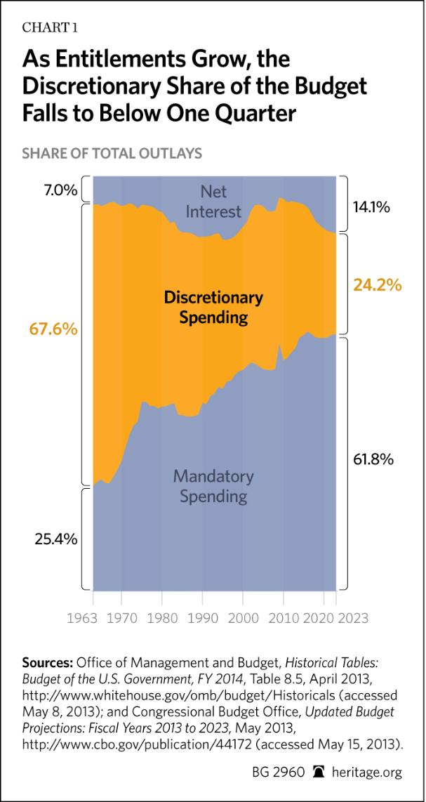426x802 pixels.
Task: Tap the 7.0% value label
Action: point(51,190)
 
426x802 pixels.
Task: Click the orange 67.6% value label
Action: point(53,329)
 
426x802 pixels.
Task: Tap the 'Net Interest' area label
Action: point(211,202)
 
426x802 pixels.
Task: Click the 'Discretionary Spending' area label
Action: point(213,308)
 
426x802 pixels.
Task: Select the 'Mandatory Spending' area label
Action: point(213,486)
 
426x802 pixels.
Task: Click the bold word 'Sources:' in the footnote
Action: point(48,662)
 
